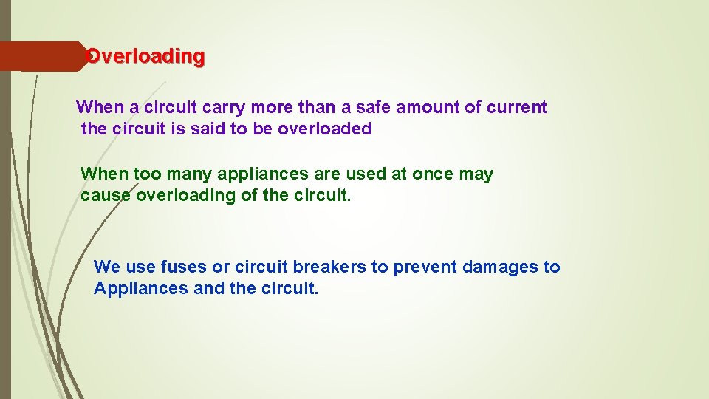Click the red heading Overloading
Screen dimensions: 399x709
[x=145, y=56]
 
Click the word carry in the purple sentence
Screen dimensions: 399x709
[x=224, y=108]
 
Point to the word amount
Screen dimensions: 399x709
[x=428, y=108]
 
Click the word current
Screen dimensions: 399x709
[x=517, y=108]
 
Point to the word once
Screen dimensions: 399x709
[x=433, y=174]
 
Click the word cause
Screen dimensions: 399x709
[x=106, y=196]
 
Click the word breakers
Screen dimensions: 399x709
[x=332, y=267]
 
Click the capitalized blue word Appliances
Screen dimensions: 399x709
[x=141, y=288]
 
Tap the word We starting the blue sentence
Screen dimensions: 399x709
[x=107, y=267]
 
